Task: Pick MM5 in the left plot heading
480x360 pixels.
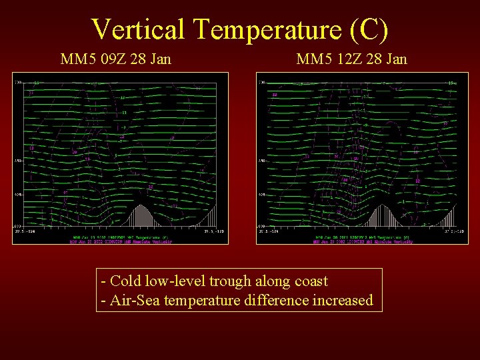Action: (x=75, y=59)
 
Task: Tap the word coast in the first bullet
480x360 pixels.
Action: (x=309, y=281)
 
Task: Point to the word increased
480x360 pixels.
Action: (x=341, y=301)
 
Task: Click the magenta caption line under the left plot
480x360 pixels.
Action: (x=121, y=241)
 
